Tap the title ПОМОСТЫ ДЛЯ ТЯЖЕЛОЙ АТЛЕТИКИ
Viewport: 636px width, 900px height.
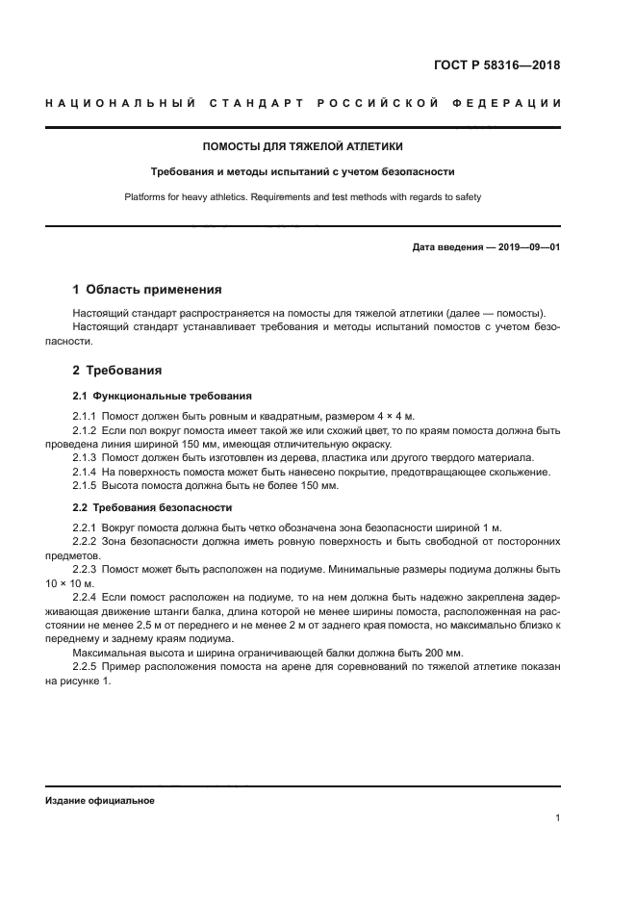pos(302,147)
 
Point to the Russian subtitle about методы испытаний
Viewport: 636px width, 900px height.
pos(302,172)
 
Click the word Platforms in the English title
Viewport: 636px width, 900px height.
pos(145,197)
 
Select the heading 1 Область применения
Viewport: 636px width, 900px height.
pos(147,289)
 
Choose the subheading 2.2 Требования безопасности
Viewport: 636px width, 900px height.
pos(152,507)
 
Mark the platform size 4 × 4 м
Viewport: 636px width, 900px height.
pos(395,416)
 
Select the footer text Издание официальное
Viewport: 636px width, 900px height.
pos(100,800)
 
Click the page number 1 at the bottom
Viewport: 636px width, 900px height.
pos(557,818)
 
